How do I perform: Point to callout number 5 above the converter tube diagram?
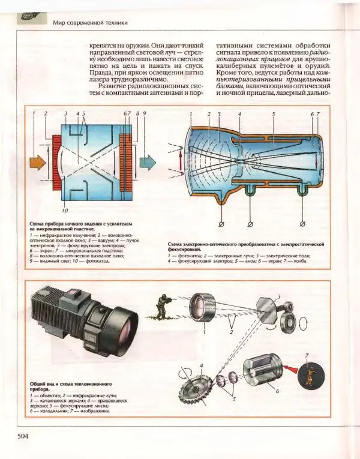click(x=273, y=113)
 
